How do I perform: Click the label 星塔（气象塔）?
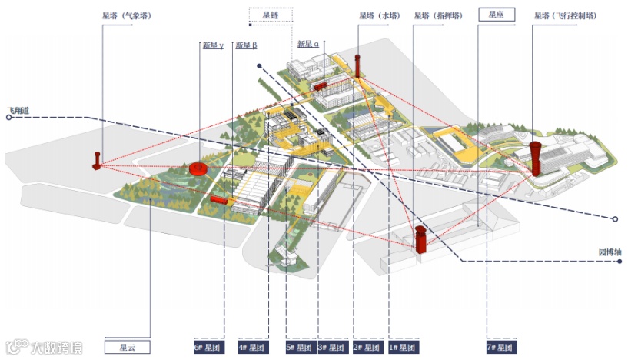(126, 15)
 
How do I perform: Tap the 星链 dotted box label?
(270, 14)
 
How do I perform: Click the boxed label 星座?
(496, 14)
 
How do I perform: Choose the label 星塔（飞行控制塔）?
(566, 15)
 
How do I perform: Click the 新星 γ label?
(213, 45)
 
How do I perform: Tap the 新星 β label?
(246, 45)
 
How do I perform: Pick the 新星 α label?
(308, 45)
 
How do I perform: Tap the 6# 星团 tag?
(208, 348)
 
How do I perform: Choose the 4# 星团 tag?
(254, 348)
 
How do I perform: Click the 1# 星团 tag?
(404, 348)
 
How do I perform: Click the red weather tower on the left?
(97, 161)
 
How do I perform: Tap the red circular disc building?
(199, 168)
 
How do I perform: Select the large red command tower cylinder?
(420, 238)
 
